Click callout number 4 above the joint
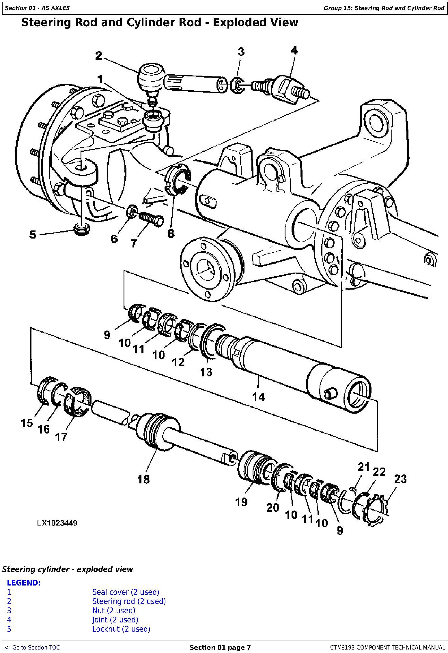pyautogui.click(x=294, y=50)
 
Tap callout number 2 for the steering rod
pyautogui.click(x=99, y=56)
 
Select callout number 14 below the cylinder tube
pyautogui.click(x=258, y=397)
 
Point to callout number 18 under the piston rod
pyautogui.click(x=143, y=479)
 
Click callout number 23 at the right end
pyautogui.click(x=400, y=479)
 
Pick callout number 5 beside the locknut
pyautogui.click(x=33, y=234)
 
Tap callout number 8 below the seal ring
pyautogui.click(x=171, y=233)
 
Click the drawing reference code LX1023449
pyautogui.click(x=57, y=523)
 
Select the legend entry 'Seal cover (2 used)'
pyautogui.click(x=126, y=592)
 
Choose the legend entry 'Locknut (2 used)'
pyautogui.click(x=121, y=629)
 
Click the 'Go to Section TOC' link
pyautogui.click(x=32, y=648)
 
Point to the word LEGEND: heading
pyautogui.click(x=24, y=583)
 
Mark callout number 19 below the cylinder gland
pyautogui.click(x=241, y=502)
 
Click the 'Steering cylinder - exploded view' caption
pyautogui.click(x=68, y=569)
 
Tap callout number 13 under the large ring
pyautogui.click(x=206, y=372)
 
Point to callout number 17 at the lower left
pyautogui.click(x=61, y=437)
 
